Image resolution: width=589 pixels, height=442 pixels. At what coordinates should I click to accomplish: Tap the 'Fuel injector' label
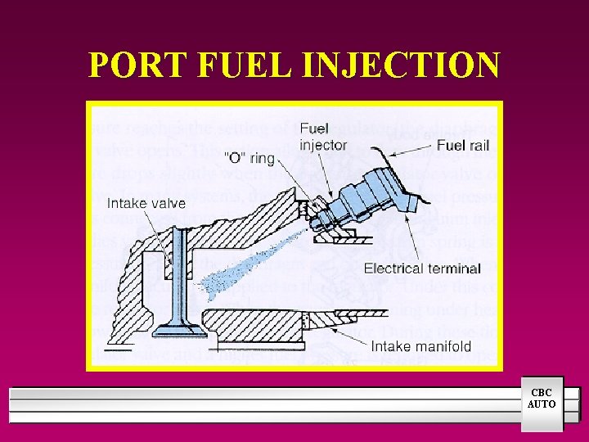pos(323,137)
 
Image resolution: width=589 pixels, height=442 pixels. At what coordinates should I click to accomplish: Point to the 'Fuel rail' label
pos(463,145)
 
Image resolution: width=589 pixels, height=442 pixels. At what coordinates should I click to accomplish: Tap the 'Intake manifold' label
pos(420,346)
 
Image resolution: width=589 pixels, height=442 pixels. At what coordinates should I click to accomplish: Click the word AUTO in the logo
pos(542,404)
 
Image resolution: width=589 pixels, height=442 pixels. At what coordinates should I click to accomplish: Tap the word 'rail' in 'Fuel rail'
pos(478,145)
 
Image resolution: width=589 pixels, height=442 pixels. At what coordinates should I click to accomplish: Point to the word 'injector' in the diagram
pos(323,146)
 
